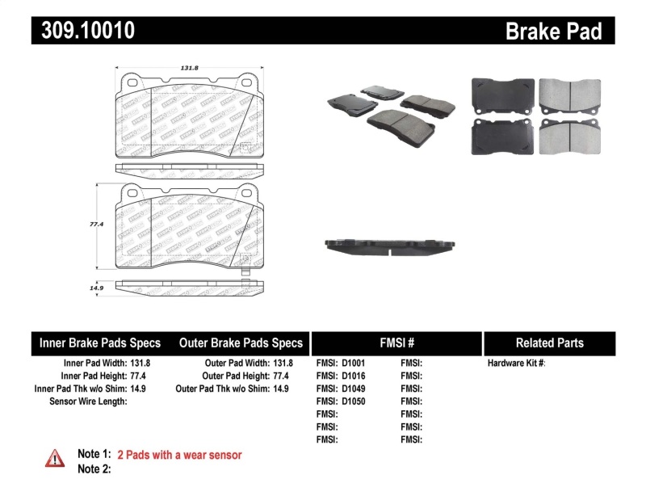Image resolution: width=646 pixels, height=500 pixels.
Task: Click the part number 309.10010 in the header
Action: click(83, 31)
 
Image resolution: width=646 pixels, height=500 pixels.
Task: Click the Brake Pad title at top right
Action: click(553, 32)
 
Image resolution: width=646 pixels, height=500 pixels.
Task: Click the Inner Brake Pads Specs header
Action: click(100, 342)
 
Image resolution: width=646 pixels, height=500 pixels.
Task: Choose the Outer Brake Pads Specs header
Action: click(241, 342)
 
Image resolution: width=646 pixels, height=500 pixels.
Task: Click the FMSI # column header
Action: click(396, 342)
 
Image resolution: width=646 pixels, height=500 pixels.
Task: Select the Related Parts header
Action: click(549, 342)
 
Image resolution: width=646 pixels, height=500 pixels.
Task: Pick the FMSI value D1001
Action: click(353, 363)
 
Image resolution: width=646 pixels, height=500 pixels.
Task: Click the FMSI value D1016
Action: click(353, 376)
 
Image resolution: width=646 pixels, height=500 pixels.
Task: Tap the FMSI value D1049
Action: click(353, 389)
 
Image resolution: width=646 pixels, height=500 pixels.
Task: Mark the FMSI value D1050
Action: click(353, 401)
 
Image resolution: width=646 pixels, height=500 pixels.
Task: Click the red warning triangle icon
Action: click(55, 458)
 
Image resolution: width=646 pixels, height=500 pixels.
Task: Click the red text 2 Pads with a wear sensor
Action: click(179, 455)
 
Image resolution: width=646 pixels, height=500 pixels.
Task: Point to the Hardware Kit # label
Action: click(516, 363)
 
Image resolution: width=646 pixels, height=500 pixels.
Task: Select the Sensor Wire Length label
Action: click(88, 401)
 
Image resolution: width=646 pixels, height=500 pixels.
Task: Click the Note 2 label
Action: click(94, 468)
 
